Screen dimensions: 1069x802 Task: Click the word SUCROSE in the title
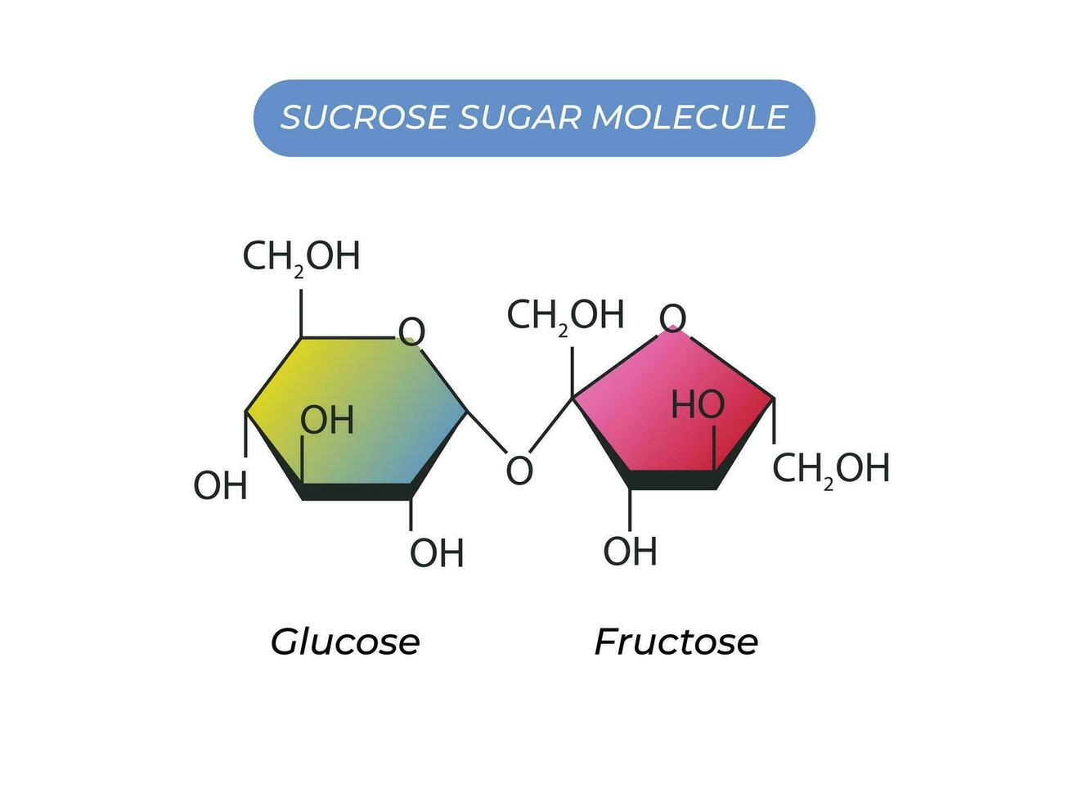point(364,117)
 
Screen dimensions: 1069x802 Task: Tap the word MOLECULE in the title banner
point(689,117)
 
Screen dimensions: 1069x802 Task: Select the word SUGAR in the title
point(519,117)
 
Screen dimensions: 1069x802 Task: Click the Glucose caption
point(345,642)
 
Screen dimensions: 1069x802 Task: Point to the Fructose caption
point(676,642)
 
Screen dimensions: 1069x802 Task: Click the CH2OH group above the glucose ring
point(301,257)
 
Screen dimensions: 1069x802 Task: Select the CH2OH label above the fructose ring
point(565,316)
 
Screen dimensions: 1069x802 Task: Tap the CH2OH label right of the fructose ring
point(831,469)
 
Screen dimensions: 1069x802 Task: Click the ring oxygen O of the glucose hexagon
point(411,331)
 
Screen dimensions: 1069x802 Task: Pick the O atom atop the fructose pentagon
point(672,318)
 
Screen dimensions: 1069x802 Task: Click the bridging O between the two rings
point(519,471)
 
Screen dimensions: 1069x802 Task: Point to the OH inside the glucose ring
point(327,420)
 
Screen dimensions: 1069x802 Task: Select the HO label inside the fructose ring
point(698,404)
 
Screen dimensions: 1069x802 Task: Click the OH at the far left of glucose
point(220,485)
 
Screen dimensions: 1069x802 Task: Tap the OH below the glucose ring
point(437,553)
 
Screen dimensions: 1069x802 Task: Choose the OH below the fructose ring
point(631,551)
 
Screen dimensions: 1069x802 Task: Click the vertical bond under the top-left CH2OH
point(301,313)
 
